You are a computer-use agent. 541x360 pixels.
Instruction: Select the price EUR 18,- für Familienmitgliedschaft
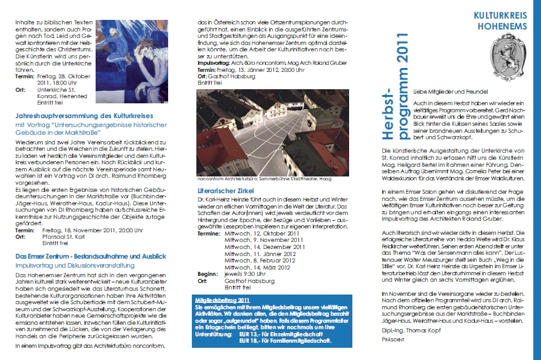[285, 341]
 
